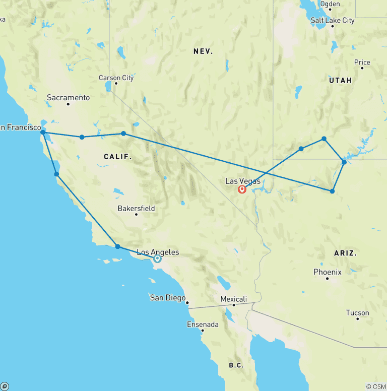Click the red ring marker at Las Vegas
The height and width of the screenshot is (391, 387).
[x=242, y=189]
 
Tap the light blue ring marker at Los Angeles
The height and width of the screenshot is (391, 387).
[x=157, y=258]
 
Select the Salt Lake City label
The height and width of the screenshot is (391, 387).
[x=333, y=21]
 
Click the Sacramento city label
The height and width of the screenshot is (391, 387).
[x=68, y=97]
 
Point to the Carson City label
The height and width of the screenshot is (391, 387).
[x=116, y=78]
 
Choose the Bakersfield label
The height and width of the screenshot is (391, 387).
[x=136, y=208]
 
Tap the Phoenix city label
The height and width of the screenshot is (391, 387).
[x=327, y=272]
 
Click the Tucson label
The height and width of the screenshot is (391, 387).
[x=357, y=313]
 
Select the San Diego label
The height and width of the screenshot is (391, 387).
[x=168, y=298]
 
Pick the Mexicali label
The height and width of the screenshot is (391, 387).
[x=234, y=299]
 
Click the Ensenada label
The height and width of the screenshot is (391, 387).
[x=203, y=324]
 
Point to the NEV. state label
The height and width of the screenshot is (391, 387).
[x=203, y=51]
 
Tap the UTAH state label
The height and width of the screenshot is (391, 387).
[x=340, y=80]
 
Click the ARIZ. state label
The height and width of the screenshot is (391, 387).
[x=345, y=253]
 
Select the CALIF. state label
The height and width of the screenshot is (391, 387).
[x=117, y=157]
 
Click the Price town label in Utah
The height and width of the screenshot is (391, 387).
[x=362, y=62]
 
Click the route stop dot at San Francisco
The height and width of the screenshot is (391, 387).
[x=43, y=133]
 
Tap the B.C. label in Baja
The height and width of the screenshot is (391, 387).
[x=236, y=365]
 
